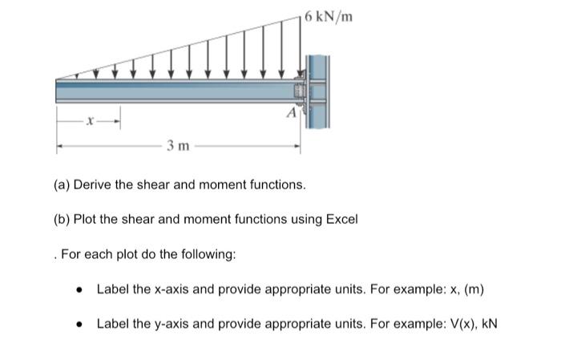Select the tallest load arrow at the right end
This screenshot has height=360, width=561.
click(301, 48)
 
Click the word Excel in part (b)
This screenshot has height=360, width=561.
click(340, 218)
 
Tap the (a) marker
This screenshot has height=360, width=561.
click(63, 185)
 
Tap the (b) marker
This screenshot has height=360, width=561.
click(63, 218)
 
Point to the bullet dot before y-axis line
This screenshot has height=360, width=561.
click(79, 324)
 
